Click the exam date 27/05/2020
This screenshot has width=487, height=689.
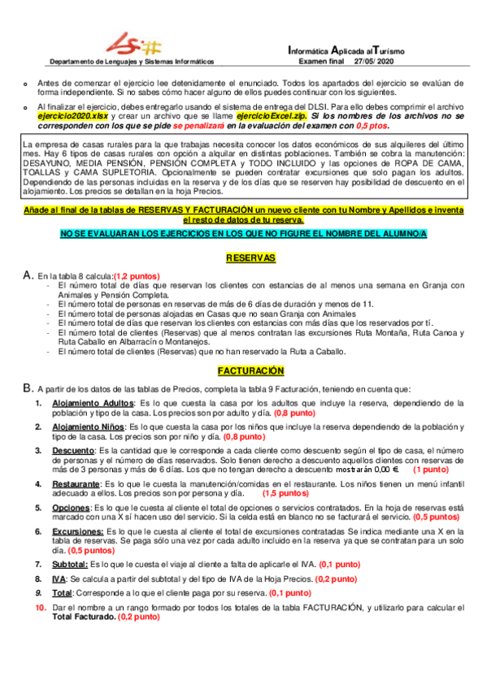tap(379, 61)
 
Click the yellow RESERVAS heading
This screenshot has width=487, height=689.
tap(250, 258)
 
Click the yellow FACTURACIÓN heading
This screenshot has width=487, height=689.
tap(250, 370)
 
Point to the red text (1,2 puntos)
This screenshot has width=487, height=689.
tap(137, 275)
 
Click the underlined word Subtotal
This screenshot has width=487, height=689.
tap(70, 563)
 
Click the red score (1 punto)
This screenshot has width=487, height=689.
tap(432, 470)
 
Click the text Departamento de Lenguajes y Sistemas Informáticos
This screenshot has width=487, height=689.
tap(132, 61)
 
